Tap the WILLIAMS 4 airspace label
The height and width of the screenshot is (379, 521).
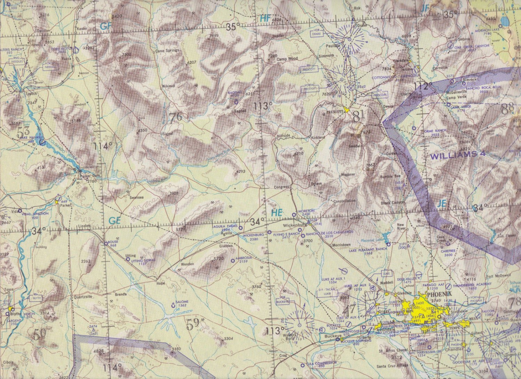tap(458, 156)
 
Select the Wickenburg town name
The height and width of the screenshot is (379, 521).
tap(294, 225)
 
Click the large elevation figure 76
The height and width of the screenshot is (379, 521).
tap(175, 118)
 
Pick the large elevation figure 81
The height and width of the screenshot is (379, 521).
tap(358, 116)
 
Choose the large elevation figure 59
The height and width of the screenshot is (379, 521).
tap(193, 324)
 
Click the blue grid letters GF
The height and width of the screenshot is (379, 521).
tap(105, 26)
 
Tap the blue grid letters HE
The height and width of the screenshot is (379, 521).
tap(277, 213)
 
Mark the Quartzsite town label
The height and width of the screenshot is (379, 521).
tap(82, 297)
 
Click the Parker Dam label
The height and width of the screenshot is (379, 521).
tap(90, 176)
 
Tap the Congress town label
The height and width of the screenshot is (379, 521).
tap(281, 187)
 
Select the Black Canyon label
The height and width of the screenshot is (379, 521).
tap(392, 203)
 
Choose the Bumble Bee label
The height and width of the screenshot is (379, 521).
tap(390, 176)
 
